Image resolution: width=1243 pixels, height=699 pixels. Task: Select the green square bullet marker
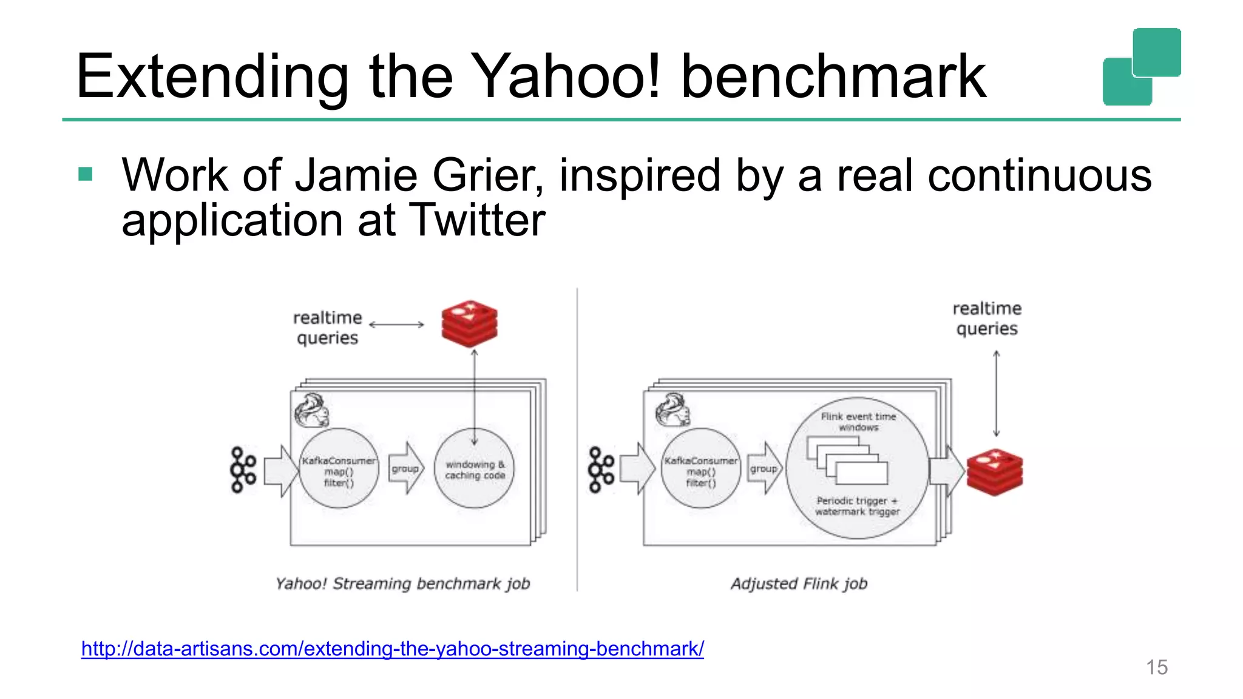[x=86, y=175]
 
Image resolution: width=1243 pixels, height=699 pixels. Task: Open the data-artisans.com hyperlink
[x=392, y=649]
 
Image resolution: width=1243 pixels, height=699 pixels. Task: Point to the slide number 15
[x=1156, y=667]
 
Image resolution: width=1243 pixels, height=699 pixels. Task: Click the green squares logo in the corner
[x=1141, y=67]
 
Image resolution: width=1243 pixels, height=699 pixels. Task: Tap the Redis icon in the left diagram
[x=469, y=323]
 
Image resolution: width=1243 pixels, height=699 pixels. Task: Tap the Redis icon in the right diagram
[x=994, y=472]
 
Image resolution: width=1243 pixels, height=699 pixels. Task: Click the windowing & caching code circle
[x=474, y=469]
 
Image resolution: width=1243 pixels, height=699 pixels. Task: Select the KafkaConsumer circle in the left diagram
[x=339, y=469]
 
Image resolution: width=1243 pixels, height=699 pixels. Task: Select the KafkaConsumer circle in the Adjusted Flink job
[x=700, y=469]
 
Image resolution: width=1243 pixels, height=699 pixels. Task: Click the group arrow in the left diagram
[x=405, y=468]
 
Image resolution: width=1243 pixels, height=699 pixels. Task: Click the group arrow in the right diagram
[x=764, y=468]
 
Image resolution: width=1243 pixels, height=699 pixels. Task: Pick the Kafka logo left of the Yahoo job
[x=243, y=470]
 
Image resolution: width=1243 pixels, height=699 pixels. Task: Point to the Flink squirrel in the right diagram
[x=672, y=410]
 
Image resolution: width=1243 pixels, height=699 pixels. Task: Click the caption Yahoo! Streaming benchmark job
[x=402, y=584]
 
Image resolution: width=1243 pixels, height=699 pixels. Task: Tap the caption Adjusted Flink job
[x=799, y=584]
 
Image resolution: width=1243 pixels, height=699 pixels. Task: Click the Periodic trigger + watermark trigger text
[x=856, y=506]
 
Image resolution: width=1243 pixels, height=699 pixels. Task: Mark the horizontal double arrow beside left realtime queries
[x=396, y=325]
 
